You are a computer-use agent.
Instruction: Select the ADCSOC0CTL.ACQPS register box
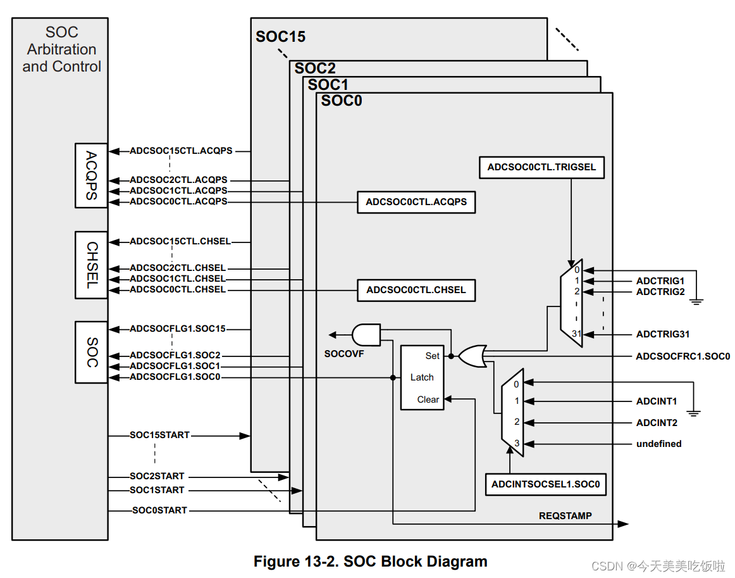click(x=416, y=202)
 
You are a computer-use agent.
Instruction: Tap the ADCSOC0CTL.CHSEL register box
click(x=416, y=290)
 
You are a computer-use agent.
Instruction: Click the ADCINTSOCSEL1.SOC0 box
click(x=546, y=485)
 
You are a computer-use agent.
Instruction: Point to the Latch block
click(x=422, y=377)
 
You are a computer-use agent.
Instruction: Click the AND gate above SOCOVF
click(x=366, y=334)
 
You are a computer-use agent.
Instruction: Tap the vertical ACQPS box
click(x=91, y=175)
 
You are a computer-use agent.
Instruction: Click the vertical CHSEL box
click(x=91, y=265)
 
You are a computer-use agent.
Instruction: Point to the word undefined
click(x=658, y=444)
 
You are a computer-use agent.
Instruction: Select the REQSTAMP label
click(x=565, y=516)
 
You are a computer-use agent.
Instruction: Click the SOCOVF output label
click(x=344, y=354)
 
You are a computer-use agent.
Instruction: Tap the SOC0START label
click(x=159, y=510)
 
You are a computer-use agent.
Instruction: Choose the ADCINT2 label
click(x=657, y=423)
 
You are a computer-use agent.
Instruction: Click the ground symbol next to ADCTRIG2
click(x=696, y=300)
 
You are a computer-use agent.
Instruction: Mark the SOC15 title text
click(x=280, y=37)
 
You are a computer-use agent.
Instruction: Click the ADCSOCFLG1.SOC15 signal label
click(x=177, y=329)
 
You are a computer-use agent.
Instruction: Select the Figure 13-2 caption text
click(x=370, y=561)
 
